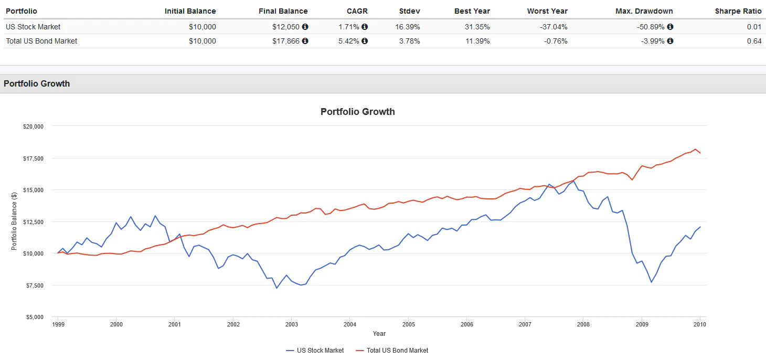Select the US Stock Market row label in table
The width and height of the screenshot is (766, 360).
tap(33, 27)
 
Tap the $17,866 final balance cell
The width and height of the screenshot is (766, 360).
tap(286, 41)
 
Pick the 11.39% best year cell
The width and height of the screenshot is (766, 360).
tap(477, 41)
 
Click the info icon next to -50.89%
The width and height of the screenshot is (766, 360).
tap(670, 27)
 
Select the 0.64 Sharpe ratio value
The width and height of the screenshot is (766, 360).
tap(754, 41)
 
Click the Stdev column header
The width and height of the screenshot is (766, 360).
tap(409, 11)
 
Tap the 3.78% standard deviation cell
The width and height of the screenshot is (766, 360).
tap(409, 41)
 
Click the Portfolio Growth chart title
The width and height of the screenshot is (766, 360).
tap(357, 112)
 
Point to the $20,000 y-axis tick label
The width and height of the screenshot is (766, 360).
tap(33, 126)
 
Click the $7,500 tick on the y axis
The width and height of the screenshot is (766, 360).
tap(35, 285)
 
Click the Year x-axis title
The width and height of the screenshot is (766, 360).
tap(379, 334)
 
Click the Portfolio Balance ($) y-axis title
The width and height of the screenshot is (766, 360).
tap(15, 221)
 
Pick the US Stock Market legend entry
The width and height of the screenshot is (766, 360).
tap(315, 351)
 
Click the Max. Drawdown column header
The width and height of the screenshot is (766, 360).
tap(644, 11)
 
